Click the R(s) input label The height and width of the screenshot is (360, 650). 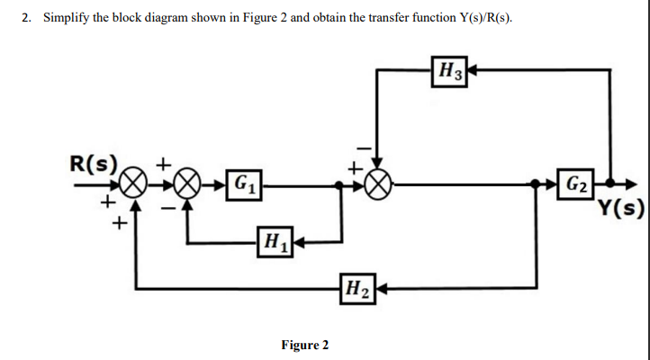(94, 164)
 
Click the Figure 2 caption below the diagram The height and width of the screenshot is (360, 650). (305, 345)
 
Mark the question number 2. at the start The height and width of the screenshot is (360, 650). (28, 20)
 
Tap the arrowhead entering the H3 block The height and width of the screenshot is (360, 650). (470, 68)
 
